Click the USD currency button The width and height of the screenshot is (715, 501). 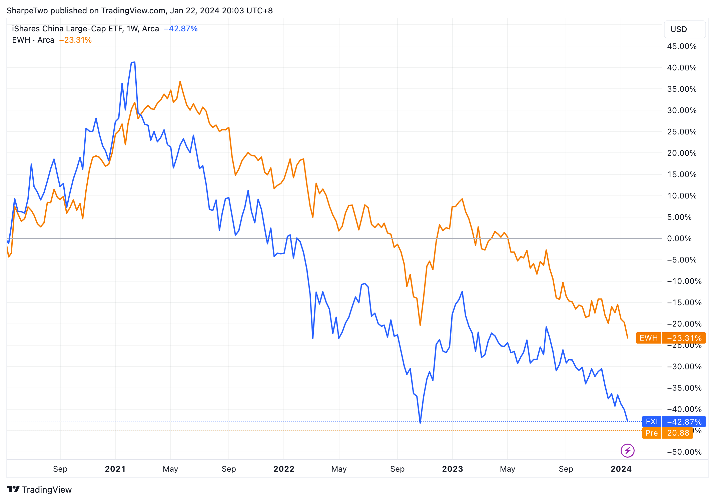click(684, 29)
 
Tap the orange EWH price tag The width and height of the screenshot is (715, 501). click(670, 338)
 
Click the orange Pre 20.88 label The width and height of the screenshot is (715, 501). click(667, 433)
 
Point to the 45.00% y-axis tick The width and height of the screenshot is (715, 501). click(681, 46)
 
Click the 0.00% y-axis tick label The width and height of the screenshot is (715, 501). click(681, 238)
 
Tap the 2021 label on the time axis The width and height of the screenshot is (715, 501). click(115, 469)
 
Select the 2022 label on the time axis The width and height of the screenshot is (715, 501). click(284, 469)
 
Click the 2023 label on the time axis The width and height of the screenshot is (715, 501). click(452, 469)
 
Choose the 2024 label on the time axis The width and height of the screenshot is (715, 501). click(621, 469)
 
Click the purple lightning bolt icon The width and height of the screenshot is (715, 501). click(627, 451)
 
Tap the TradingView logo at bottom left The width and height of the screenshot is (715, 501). click(39, 489)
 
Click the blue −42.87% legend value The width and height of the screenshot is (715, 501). click(181, 29)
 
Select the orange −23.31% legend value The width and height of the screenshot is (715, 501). click(75, 40)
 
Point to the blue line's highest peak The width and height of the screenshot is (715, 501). click(133, 62)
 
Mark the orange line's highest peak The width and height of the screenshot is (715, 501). click(180, 81)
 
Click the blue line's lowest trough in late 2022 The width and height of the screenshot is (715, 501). click(420, 423)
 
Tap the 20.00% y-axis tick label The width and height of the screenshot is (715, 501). click(681, 153)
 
